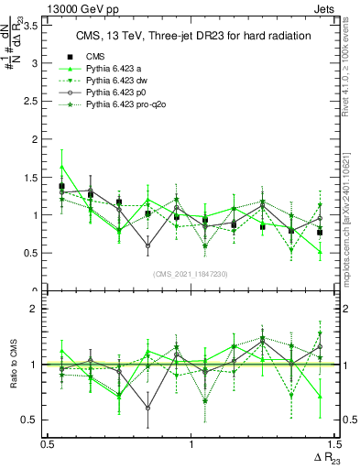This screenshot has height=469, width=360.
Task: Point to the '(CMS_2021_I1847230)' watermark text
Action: [191, 273]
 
